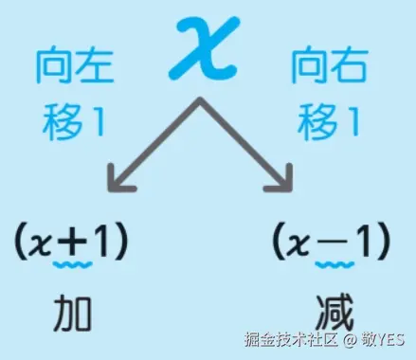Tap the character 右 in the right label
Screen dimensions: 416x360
coord(349,66)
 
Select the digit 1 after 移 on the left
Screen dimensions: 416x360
coord(97,121)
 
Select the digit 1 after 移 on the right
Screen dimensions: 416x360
coord(352,121)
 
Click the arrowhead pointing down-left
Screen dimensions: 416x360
coord(118,180)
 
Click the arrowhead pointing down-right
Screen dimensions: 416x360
coord(281,180)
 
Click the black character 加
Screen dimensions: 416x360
coord(73,314)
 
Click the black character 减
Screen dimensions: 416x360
coord(335,314)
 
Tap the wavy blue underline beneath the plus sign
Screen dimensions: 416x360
coord(73,264)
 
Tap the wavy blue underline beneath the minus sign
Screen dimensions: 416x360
coord(335,264)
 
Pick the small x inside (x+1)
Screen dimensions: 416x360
coord(40,246)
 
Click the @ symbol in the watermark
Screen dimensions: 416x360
coord(350,340)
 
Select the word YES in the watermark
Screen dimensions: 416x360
coord(390,340)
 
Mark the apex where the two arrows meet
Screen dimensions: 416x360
coord(200,99)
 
